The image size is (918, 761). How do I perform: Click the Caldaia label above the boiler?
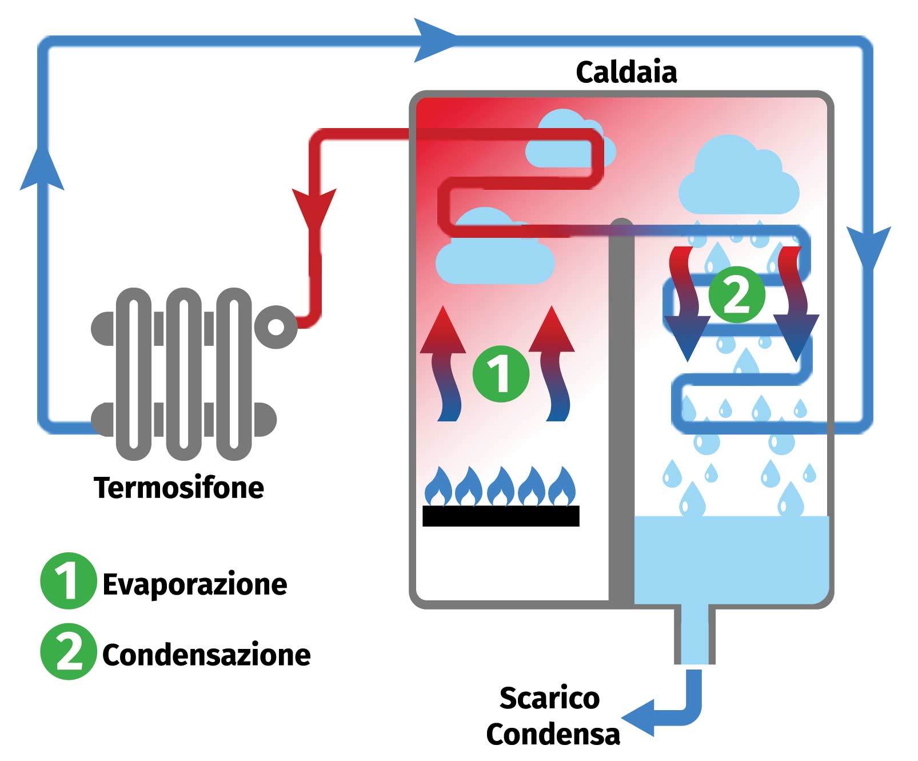(626, 73)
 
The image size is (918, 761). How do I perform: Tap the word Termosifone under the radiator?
(179, 488)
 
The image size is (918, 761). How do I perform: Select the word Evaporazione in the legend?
(194, 584)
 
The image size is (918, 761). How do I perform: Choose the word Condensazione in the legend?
(206, 655)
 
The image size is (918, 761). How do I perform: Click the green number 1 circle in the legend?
(69, 581)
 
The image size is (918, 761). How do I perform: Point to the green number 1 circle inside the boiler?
(501, 374)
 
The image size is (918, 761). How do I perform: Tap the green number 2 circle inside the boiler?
(736, 294)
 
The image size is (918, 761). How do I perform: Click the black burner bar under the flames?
(501, 516)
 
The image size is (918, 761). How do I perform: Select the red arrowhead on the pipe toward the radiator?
(314, 209)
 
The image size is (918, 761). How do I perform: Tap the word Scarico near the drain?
(549, 698)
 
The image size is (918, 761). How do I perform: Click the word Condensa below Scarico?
(553, 734)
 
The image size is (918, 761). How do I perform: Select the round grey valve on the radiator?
(276, 327)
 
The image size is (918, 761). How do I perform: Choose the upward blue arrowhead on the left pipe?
(42, 169)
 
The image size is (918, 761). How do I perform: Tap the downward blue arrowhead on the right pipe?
(868, 249)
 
